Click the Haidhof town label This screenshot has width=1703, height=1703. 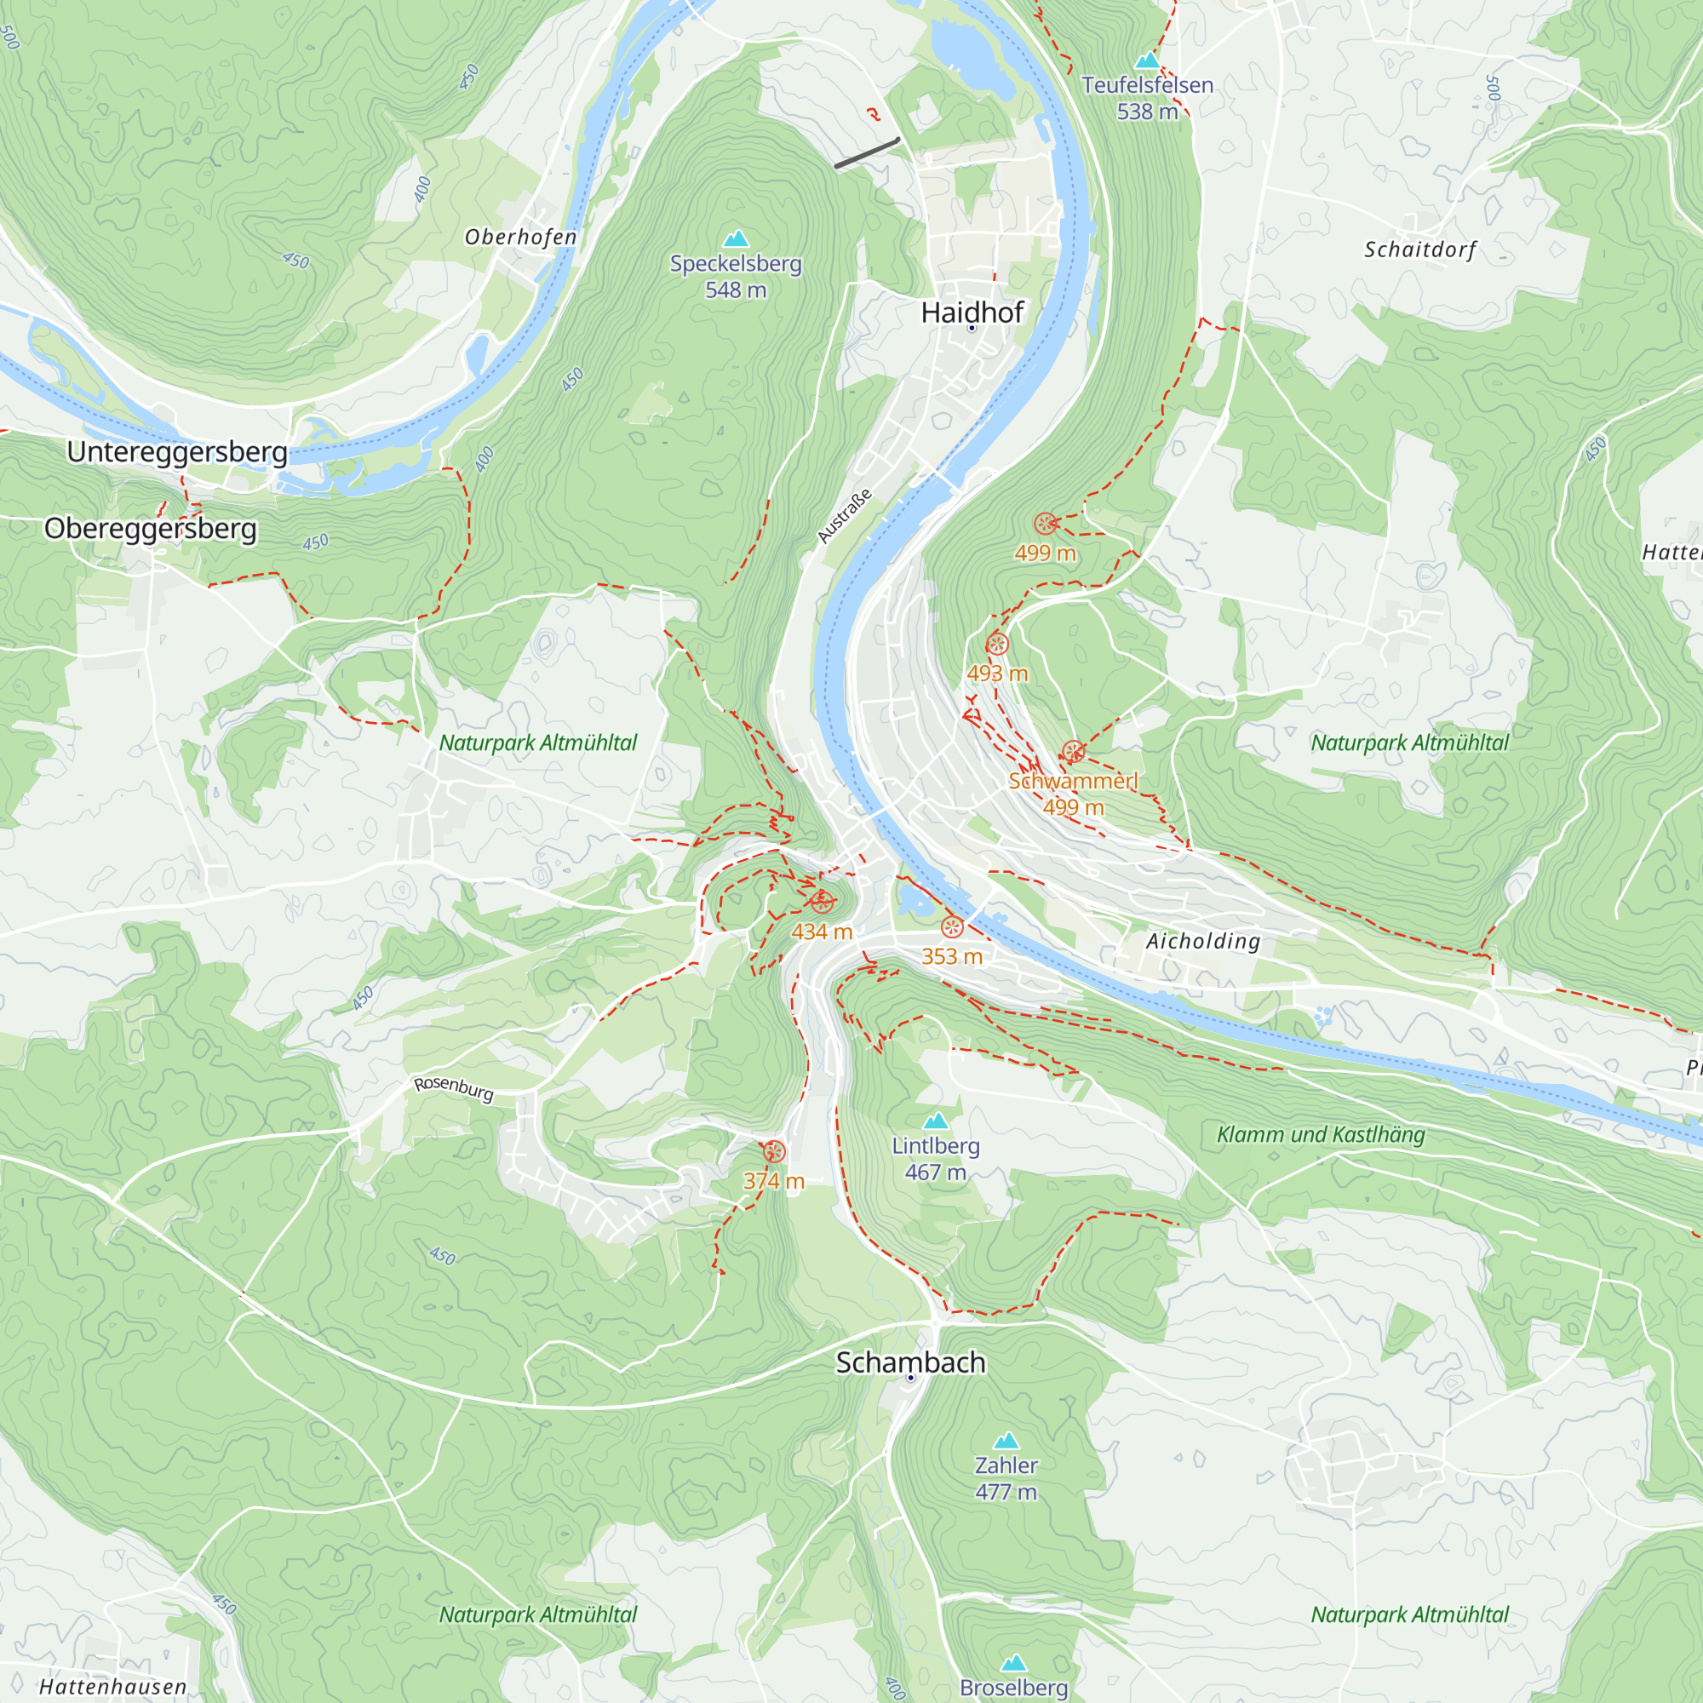coord(972,312)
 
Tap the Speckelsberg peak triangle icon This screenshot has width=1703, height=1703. coord(735,239)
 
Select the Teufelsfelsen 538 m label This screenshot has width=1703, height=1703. coord(1147,98)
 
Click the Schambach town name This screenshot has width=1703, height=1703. coord(909,1362)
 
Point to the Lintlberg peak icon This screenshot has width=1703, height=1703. coord(935,1121)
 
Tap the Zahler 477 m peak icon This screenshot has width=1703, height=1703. coord(1006,1442)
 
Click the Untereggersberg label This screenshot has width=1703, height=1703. coord(177,451)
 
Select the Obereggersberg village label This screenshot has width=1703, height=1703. coord(151,528)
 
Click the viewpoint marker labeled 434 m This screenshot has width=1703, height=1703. coord(822,902)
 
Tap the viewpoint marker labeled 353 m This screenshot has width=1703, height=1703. coord(951,926)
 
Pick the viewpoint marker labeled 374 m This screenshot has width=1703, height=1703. coord(773,1151)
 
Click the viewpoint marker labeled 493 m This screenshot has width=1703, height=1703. coord(996,644)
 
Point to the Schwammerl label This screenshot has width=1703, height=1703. coord(1073,781)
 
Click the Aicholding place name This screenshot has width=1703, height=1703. coord(1202,942)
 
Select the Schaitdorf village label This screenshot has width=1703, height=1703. coord(1419,249)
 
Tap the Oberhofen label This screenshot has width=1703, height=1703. coord(520,237)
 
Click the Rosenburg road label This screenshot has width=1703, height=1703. coord(453,1087)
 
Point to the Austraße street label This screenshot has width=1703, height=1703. coord(844,516)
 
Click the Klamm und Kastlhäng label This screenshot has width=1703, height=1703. coord(1320,1134)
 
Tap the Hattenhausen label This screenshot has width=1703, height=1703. coord(113,1686)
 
